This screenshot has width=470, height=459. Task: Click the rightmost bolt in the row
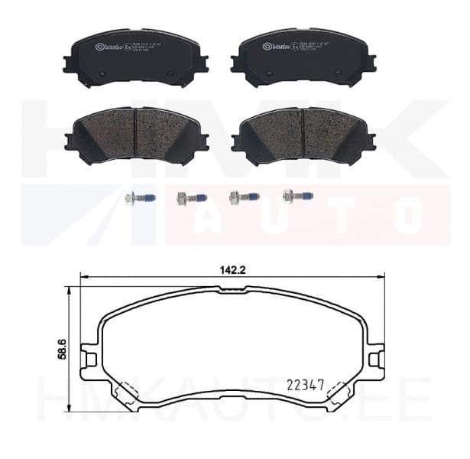pos(297,197)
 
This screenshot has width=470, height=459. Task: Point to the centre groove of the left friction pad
pos(135,134)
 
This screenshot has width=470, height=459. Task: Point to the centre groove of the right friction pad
pos(303,134)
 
